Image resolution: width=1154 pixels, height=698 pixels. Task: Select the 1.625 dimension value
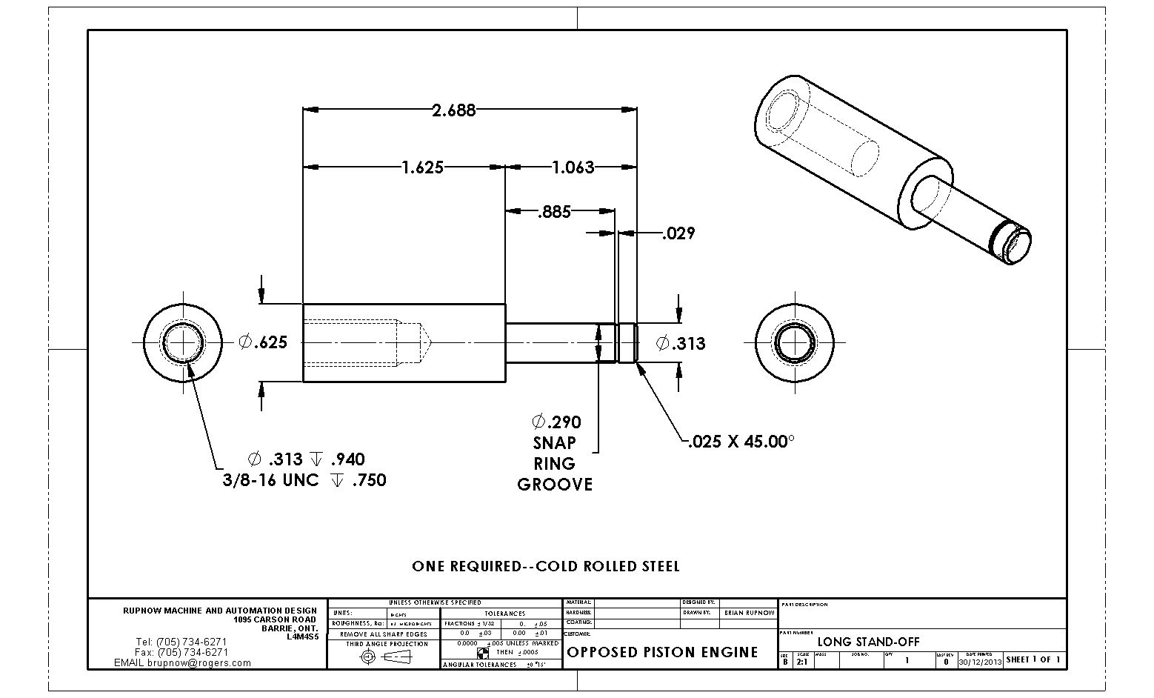tap(423, 167)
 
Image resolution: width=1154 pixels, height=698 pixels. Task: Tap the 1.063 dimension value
tap(573, 167)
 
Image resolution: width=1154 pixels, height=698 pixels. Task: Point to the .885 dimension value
tap(554, 213)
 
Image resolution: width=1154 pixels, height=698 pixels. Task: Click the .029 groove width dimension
tap(678, 234)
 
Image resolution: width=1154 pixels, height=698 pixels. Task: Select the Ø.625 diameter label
tap(262, 342)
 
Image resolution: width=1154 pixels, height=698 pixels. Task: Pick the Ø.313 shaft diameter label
tap(681, 344)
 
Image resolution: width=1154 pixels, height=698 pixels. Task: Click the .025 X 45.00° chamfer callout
tap(741, 442)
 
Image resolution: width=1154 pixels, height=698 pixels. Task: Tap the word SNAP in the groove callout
tap(554, 443)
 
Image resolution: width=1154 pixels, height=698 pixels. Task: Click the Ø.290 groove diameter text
tap(556, 422)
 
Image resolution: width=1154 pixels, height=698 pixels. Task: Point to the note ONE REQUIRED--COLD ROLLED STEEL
tap(546, 567)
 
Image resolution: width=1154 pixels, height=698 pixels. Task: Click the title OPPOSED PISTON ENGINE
tap(662, 652)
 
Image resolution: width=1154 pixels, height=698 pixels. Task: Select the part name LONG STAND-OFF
tap(868, 642)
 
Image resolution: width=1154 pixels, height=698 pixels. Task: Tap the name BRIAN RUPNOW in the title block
tap(749, 614)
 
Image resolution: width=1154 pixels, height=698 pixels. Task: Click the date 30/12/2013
tap(979, 661)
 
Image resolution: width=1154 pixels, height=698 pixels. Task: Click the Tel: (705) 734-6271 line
tap(181, 642)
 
